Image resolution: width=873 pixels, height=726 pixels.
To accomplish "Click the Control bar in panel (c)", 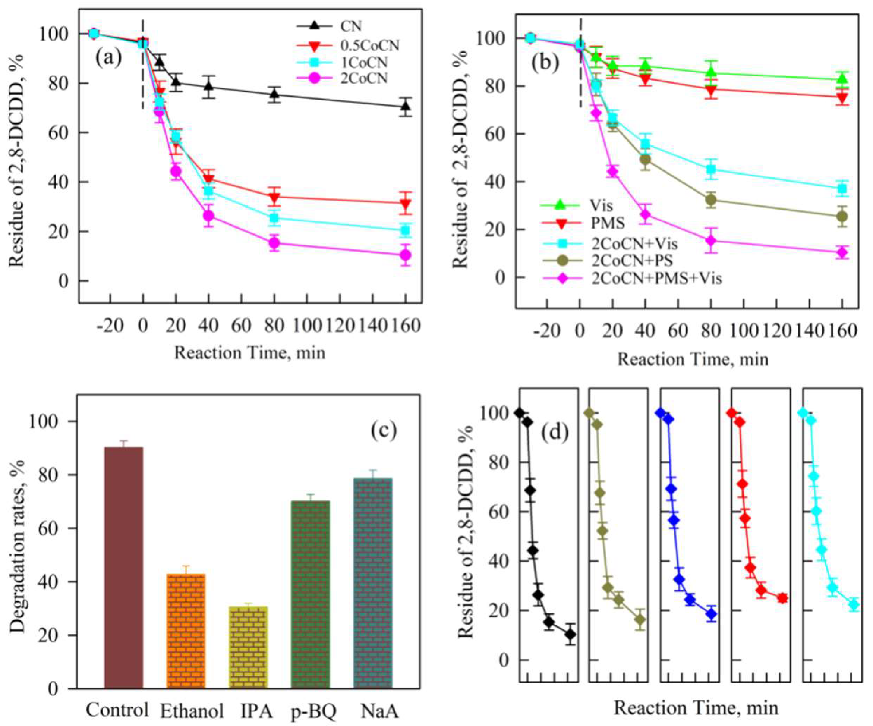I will pyautogui.click(x=123, y=568).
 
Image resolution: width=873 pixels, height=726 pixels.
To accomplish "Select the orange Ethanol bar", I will pyautogui.click(x=186, y=631).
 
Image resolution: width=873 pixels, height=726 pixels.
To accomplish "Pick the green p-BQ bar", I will pyautogui.click(x=310, y=594).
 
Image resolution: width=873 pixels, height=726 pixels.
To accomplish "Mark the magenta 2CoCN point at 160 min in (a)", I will pyautogui.click(x=405, y=255).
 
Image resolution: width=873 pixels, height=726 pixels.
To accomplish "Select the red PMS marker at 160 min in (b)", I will pyautogui.click(x=842, y=98).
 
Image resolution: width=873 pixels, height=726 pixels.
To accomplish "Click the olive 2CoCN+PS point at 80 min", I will pyautogui.click(x=711, y=200).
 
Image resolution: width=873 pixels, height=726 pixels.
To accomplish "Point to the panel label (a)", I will pyautogui.click(x=108, y=58).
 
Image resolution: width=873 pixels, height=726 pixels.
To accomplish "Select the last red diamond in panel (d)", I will pyautogui.click(x=782, y=598).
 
